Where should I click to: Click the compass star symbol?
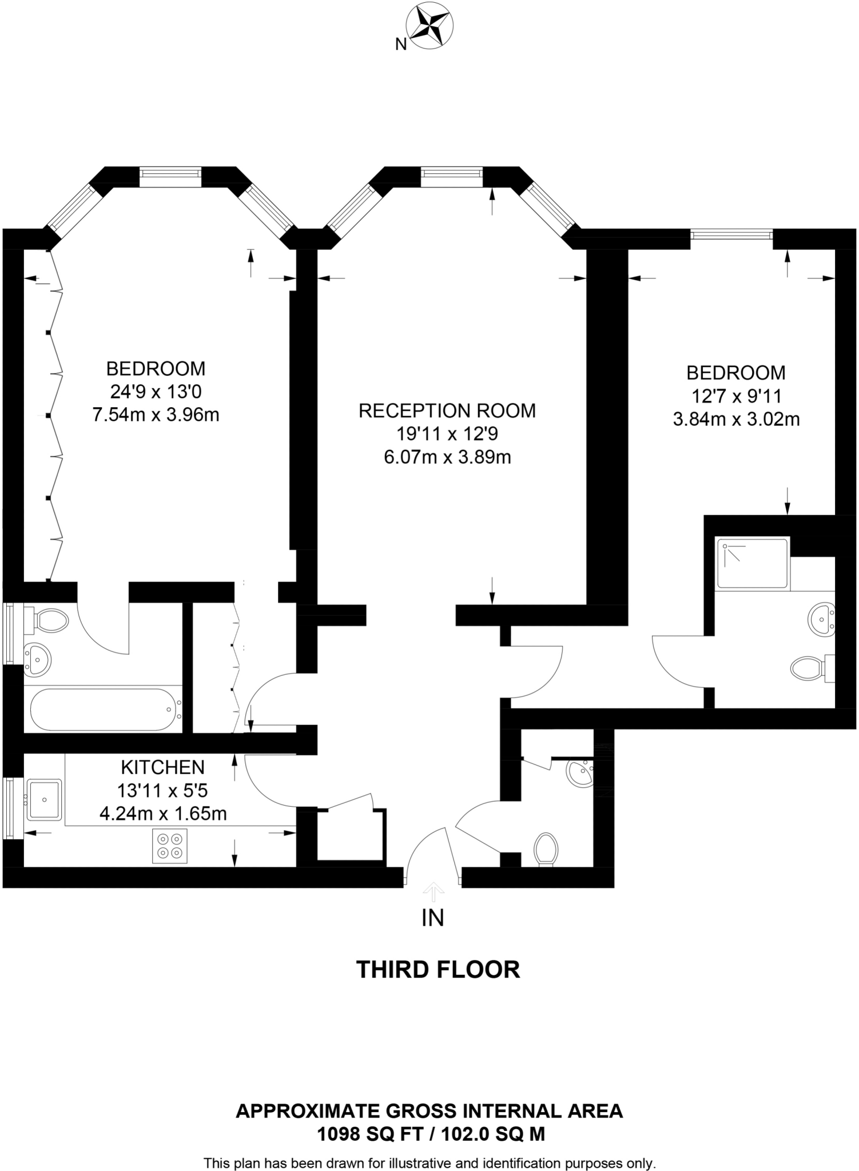tap(429, 26)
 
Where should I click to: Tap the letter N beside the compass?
tap(401, 45)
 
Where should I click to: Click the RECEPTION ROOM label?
tap(447, 411)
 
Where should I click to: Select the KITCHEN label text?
tap(162, 767)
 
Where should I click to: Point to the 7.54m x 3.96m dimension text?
tap(156, 415)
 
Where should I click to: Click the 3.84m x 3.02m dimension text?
tap(735, 420)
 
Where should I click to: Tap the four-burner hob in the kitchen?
tap(170, 846)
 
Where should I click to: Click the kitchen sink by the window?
tap(44, 799)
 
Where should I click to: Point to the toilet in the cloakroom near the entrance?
tap(546, 849)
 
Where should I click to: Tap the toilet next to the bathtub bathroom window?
tap(49, 620)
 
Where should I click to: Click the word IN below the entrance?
tap(432, 918)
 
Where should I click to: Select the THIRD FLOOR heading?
tap(438, 970)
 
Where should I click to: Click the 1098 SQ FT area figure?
tap(355, 1134)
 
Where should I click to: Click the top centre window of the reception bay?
tap(451, 173)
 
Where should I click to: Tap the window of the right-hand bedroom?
tap(731, 234)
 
